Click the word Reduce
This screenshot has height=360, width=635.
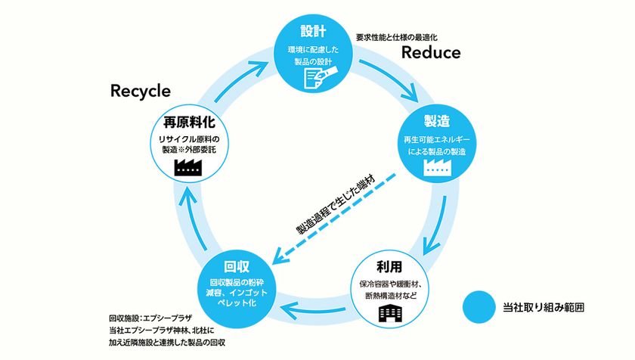tap(431, 53)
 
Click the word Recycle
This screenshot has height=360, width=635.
tap(141, 91)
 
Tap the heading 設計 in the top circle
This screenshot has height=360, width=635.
tap(314, 31)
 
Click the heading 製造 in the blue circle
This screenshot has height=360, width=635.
tap(438, 122)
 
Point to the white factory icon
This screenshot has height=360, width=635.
tap(438, 167)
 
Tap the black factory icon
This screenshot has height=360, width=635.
tap(188, 167)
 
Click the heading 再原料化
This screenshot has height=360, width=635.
tap(189, 122)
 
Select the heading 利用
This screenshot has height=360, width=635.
tap(389, 267)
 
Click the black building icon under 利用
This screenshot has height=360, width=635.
tap(390, 314)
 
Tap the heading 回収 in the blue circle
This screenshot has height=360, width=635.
tap(237, 267)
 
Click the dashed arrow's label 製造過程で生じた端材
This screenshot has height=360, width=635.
tap(336, 204)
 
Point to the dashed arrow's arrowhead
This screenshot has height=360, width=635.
tap(278, 257)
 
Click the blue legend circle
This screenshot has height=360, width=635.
tap(479, 307)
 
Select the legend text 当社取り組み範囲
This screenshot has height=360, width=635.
tap(544, 308)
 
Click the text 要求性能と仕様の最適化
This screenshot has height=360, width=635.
tap(396, 37)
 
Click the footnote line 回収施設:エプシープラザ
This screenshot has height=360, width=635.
tap(150, 318)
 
